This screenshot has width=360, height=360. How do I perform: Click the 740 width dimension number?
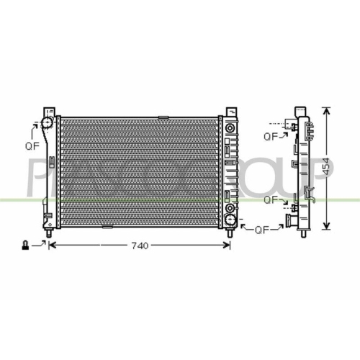(140, 246)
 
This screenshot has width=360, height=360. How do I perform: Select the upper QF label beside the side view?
(271, 135)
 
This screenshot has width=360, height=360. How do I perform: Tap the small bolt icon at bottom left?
(27, 246)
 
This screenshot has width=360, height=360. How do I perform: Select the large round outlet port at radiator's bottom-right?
(230, 202)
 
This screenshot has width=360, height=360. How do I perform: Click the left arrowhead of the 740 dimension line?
(52, 246)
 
